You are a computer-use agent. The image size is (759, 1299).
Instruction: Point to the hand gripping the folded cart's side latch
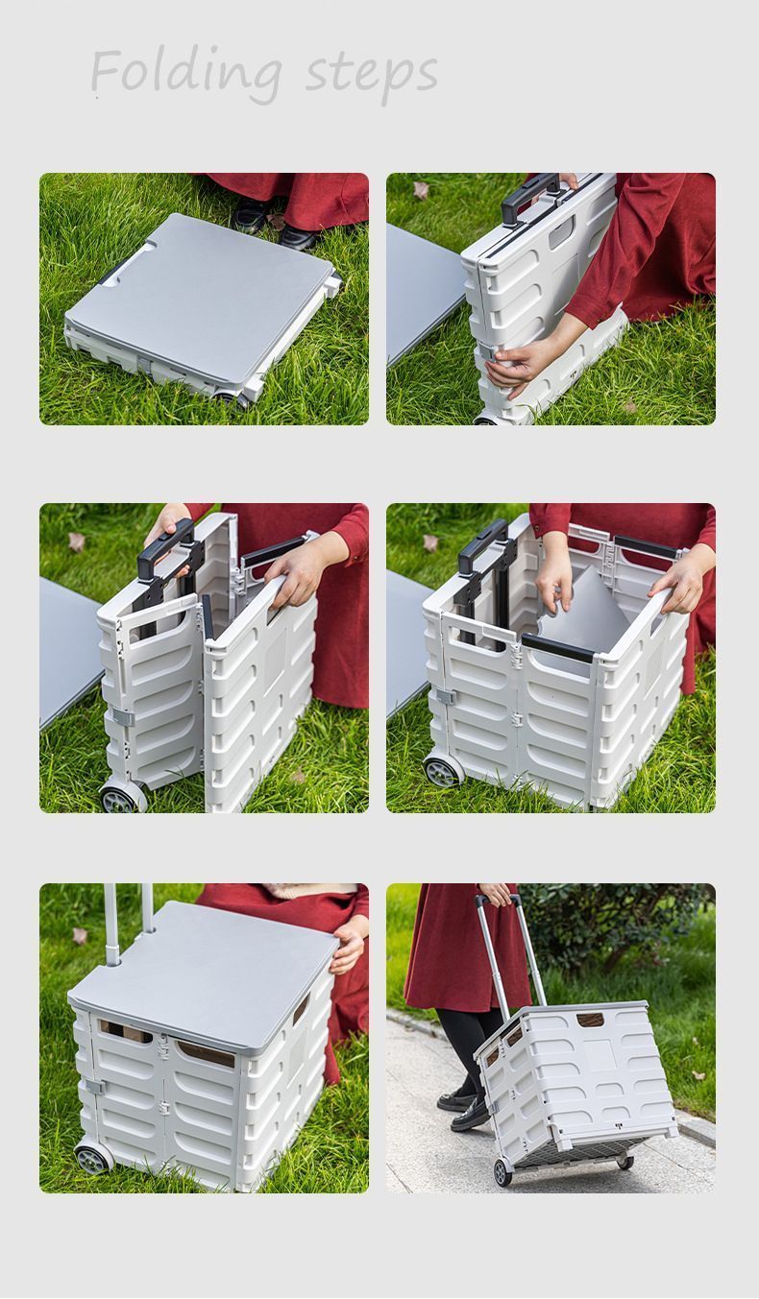(514, 365)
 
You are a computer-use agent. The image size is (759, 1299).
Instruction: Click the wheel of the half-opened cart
(123, 796)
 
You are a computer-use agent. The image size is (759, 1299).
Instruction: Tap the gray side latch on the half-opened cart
(124, 717)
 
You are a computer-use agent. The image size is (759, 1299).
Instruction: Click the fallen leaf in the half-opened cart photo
(77, 541)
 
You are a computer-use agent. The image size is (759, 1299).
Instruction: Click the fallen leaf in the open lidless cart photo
(430, 542)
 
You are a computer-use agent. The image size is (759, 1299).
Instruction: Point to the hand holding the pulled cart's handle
(496, 894)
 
